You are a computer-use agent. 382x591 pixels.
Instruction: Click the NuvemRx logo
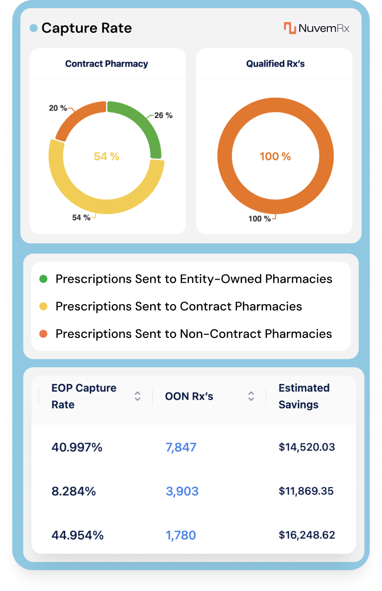pyautogui.click(x=317, y=28)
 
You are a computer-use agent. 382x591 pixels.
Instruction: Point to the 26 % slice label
pyautogui.click(x=163, y=116)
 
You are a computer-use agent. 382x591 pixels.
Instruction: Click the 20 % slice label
pyautogui.click(x=58, y=108)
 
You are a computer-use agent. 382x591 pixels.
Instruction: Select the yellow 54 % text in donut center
pyautogui.click(x=107, y=156)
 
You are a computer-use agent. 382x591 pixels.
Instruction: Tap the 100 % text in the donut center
pyautogui.click(x=275, y=156)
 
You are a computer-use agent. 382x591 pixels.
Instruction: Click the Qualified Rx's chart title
pyautogui.click(x=275, y=64)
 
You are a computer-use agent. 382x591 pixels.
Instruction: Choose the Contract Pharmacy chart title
pyautogui.click(x=107, y=64)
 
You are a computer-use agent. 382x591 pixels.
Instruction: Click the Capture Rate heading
pyautogui.click(x=86, y=28)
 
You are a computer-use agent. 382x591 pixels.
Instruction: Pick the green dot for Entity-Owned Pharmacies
pyautogui.click(x=43, y=279)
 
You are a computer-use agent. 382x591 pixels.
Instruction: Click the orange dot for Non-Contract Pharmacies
pyautogui.click(x=43, y=334)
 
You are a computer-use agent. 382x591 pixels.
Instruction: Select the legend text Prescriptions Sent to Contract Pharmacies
pyautogui.click(x=179, y=306)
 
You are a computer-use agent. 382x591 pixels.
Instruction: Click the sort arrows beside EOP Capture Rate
pyautogui.click(x=137, y=396)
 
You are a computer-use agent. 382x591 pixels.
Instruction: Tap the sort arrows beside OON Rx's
pyautogui.click(x=251, y=396)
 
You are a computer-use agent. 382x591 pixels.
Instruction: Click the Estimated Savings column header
pyautogui.click(x=304, y=396)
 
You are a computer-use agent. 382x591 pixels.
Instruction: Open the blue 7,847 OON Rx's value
pyautogui.click(x=181, y=447)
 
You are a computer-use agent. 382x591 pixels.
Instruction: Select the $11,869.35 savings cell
pyautogui.click(x=306, y=491)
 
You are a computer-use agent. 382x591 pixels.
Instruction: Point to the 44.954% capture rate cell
pyautogui.click(x=78, y=535)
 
